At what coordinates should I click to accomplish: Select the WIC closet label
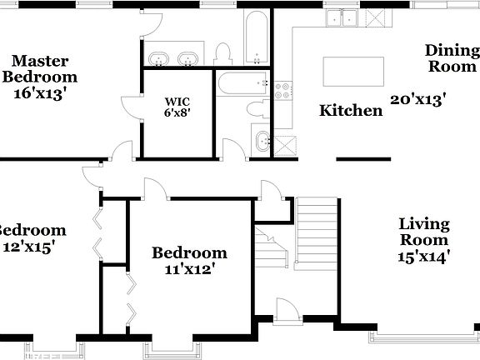[x=177, y=102]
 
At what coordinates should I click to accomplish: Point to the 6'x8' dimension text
[x=177, y=113]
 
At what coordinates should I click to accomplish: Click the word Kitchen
[x=351, y=110]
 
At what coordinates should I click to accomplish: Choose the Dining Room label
[x=452, y=57]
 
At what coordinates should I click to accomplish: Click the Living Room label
[x=424, y=232]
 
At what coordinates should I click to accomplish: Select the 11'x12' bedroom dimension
[x=189, y=268]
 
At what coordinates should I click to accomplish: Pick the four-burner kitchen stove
[x=283, y=89]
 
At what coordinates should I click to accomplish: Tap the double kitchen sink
[x=342, y=18]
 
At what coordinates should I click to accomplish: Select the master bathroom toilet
[x=222, y=54]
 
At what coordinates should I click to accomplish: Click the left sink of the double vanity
[x=158, y=58]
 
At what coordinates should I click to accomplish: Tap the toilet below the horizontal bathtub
[x=256, y=108]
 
